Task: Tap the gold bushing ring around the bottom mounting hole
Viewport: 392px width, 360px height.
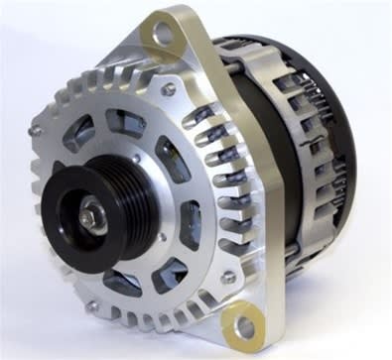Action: click(229, 319)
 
